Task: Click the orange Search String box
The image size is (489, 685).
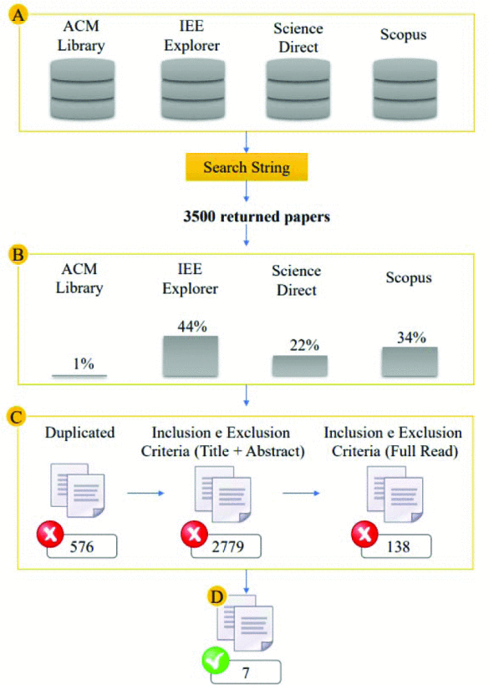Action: click(247, 167)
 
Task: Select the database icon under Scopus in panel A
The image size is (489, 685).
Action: click(405, 89)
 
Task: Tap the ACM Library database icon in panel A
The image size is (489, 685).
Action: click(82, 89)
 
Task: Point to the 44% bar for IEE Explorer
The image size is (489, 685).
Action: click(191, 356)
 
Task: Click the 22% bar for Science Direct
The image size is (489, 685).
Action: click(300, 366)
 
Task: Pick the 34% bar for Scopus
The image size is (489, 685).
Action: click(410, 362)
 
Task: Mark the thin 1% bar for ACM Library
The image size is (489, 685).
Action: click(79, 375)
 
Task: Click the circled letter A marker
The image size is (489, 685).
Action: click(18, 15)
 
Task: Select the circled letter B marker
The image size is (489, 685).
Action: click(18, 254)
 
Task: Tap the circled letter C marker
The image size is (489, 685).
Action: click(17, 417)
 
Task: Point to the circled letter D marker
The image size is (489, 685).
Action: click(216, 596)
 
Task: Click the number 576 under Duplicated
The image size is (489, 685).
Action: click(82, 546)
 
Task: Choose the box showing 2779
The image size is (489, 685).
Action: click(226, 546)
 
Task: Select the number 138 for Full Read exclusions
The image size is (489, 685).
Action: click(398, 546)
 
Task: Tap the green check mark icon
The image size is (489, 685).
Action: click(216, 661)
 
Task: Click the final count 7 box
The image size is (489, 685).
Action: click(246, 672)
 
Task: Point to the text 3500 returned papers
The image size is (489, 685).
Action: click(257, 216)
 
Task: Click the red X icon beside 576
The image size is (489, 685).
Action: click(50, 534)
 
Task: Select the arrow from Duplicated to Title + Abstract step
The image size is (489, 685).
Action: click(145, 493)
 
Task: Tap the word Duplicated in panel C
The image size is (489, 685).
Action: click(80, 433)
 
